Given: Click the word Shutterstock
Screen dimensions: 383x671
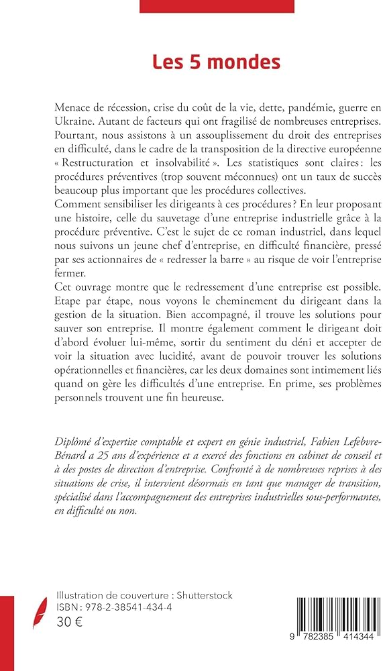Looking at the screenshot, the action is click(201, 596).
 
